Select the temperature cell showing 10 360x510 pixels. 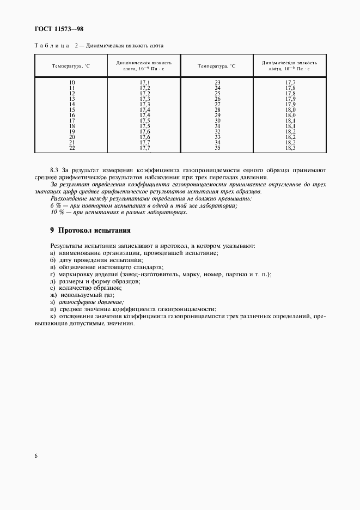[72, 82]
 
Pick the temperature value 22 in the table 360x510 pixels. [72, 148]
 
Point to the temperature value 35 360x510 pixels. [217, 148]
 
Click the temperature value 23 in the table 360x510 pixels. [217, 82]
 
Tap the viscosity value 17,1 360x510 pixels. [144, 82]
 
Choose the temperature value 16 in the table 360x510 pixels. [72, 115]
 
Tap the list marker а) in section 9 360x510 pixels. [52, 253]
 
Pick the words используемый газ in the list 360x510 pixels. [83, 295]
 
